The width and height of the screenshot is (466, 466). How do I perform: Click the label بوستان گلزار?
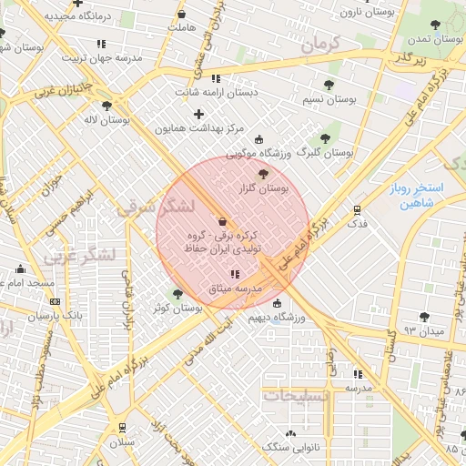(273, 189)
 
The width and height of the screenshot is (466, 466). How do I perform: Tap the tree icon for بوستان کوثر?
(177, 294)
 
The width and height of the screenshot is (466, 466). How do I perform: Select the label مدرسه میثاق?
(235, 288)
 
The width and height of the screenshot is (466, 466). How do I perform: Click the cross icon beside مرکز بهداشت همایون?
(198, 114)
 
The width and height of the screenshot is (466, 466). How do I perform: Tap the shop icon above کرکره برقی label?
(223, 221)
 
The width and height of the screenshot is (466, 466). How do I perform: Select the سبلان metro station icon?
(122, 427)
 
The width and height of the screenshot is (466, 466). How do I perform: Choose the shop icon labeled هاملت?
(181, 15)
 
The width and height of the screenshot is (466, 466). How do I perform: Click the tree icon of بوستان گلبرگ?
(325, 138)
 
